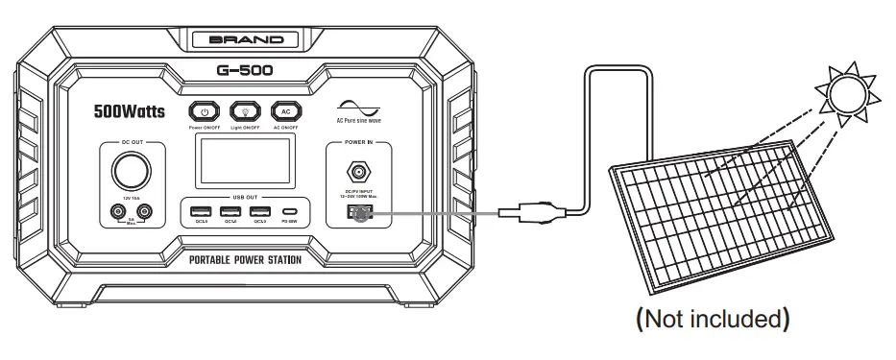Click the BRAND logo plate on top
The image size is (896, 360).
[x=247, y=40]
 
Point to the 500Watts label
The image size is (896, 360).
[x=131, y=110]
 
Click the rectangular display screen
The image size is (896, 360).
[x=246, y=161]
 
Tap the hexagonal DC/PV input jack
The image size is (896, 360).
[x=358, y=174]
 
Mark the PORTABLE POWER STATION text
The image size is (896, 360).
[x=246, y=260]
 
